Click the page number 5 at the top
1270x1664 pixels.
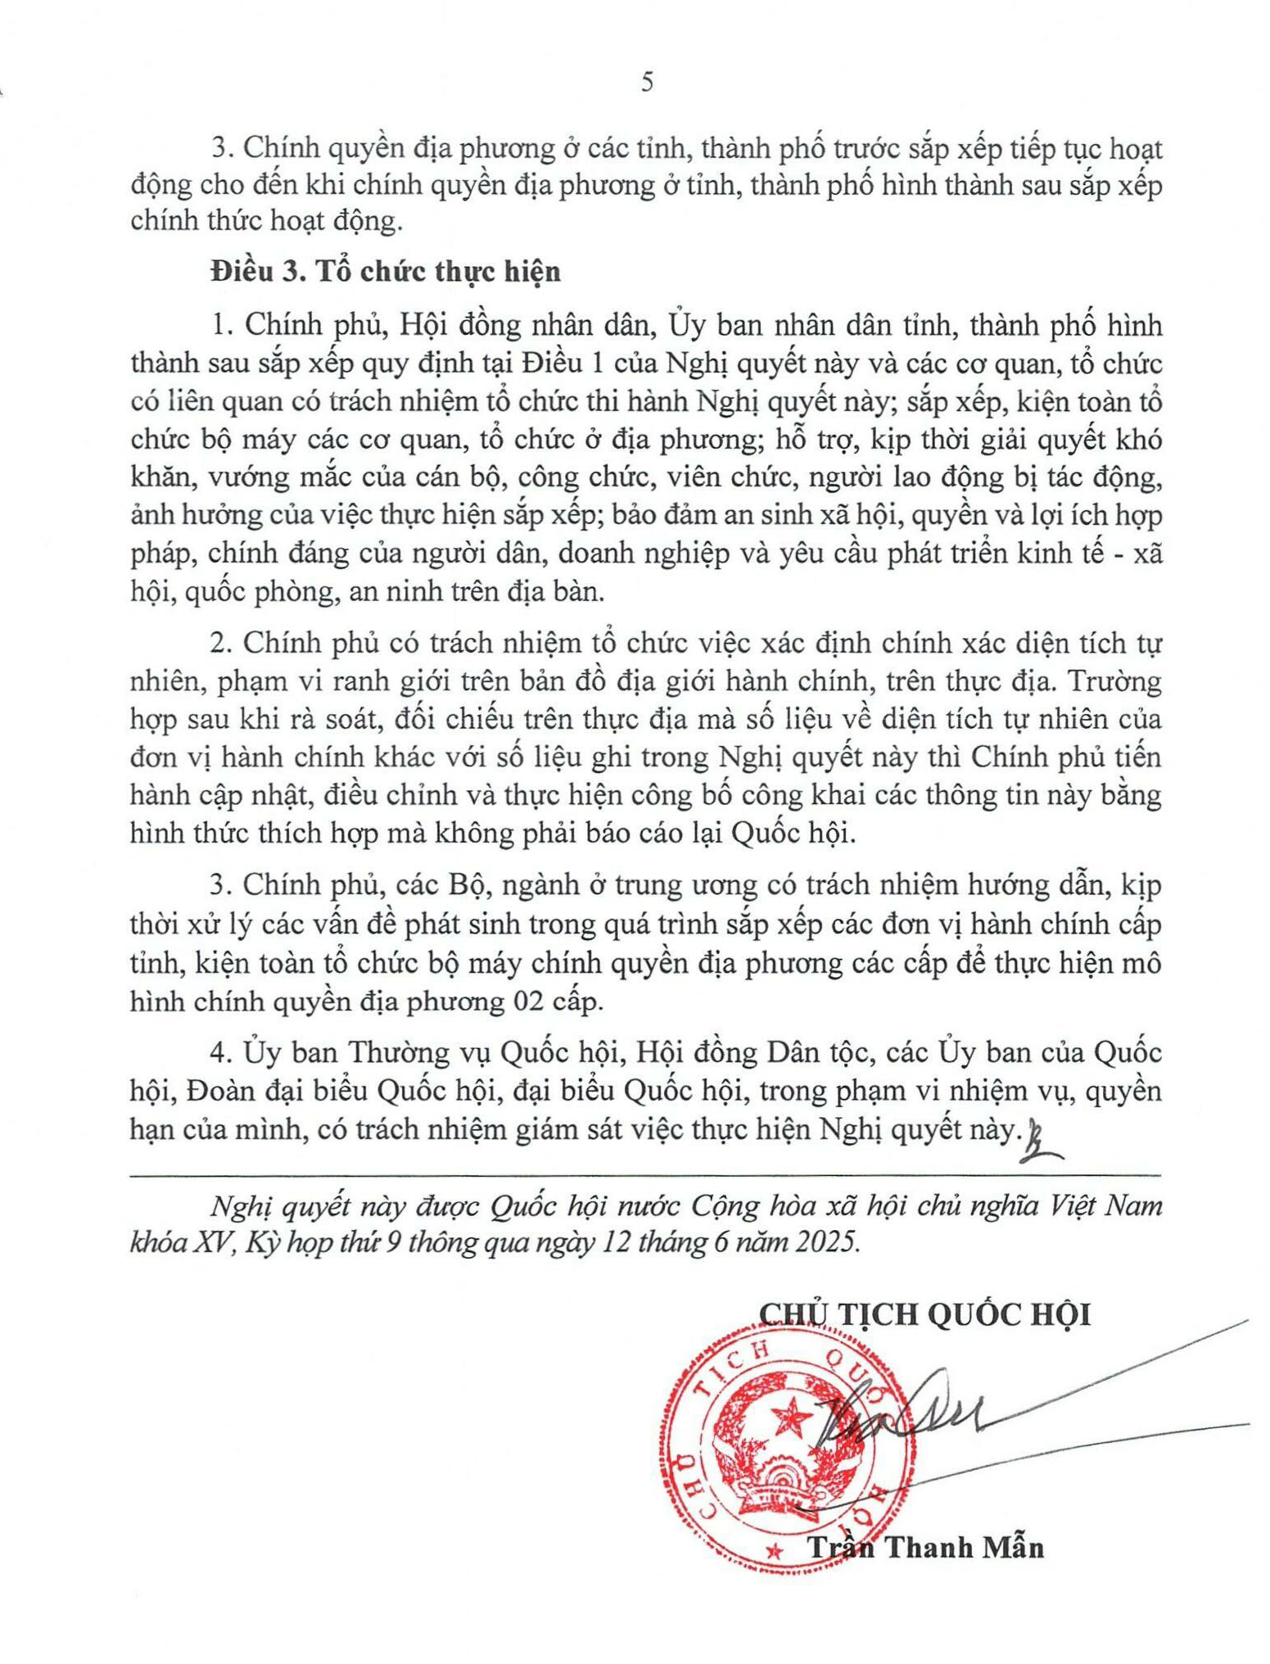point(647,83)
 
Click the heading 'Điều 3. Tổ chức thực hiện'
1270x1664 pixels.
point(385,271)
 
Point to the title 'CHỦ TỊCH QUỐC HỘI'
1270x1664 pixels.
point(925,1314)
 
